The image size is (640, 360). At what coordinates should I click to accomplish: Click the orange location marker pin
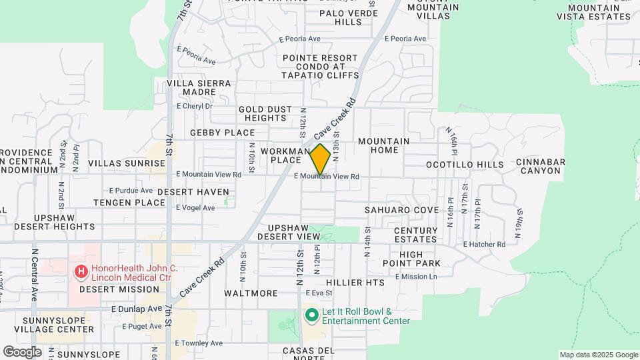coord(320,159)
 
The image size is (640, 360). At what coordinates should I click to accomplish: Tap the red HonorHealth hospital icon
coord(81,271)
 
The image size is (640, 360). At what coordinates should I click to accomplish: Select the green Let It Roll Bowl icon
coord(310,314)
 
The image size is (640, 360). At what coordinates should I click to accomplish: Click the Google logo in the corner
coord(22,352)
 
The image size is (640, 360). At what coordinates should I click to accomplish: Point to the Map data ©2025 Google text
coord(598,355)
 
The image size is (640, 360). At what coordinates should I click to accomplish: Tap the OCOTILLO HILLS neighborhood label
coord(465,164)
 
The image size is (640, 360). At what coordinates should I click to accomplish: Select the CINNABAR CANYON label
coord(540,166)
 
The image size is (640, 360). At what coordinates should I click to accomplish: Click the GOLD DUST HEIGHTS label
coord(265,113)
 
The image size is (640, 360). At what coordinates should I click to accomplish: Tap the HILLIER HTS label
coord(355,283)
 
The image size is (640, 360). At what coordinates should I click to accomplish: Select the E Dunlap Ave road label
coord(137,309)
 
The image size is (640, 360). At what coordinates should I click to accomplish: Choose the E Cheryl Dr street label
coord(194,105)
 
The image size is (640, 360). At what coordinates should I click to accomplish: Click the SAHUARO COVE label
coord(401,209)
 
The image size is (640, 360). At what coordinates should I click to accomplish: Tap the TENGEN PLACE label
coord(129,202)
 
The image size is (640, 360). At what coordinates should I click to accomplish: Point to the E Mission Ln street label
coord(417,276)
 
